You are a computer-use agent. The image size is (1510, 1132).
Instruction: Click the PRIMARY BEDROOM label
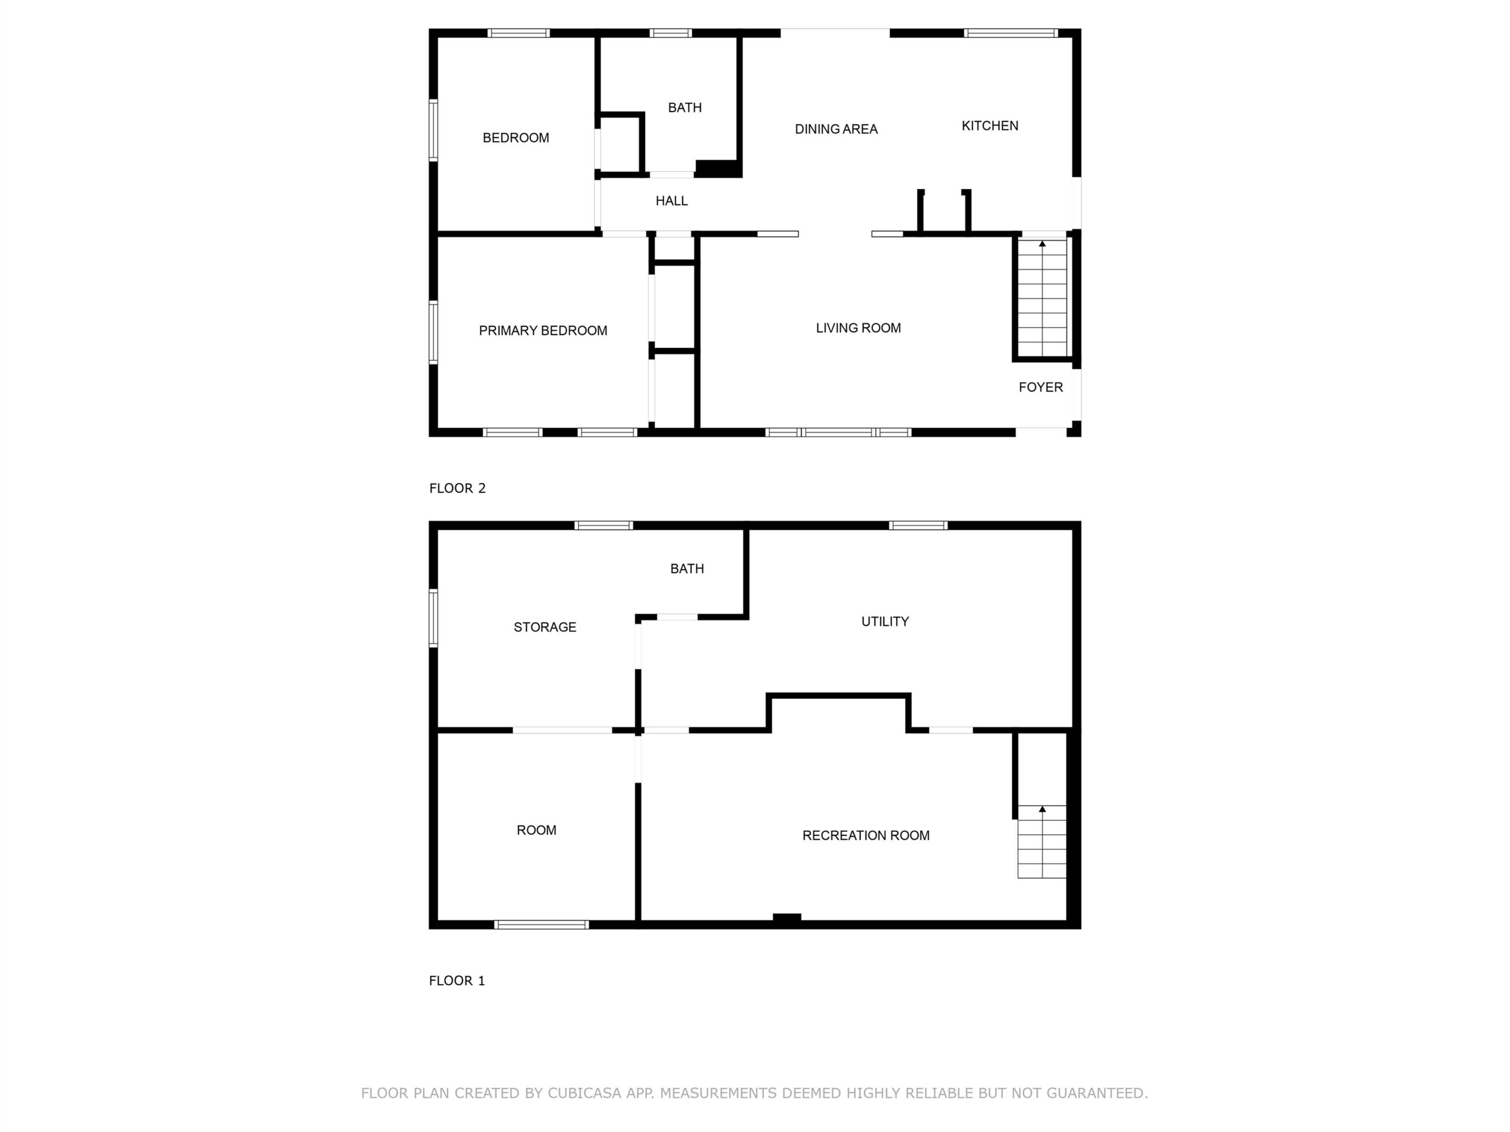coord(543,331)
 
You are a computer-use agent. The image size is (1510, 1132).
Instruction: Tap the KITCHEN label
coord(990,126)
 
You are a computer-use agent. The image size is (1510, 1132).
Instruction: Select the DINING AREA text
coord(836,129)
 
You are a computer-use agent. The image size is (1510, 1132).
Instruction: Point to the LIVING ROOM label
coord(858,328)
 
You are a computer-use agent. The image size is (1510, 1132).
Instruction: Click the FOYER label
coord(1040,387)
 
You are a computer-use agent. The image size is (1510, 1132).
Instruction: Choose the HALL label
coord(672,200)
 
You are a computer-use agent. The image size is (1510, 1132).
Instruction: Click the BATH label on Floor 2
coord(685,108)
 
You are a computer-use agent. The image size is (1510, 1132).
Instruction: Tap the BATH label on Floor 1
coord(687,568)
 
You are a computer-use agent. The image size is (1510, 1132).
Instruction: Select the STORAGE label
coord(545,627)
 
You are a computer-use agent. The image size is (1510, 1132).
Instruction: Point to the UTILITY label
coord(885,621)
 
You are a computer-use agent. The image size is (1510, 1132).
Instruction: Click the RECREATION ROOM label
coord(865,835)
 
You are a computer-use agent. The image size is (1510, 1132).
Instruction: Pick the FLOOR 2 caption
coord(457,488)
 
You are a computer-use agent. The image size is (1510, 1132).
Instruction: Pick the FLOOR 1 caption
coord(457,980)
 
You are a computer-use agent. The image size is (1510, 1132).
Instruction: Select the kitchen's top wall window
coord(1011,33)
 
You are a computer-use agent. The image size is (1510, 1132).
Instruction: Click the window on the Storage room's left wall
coord(434,617)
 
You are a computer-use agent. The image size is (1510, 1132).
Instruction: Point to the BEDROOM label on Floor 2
coord(516,138)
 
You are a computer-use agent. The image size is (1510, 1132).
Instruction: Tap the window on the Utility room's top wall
coord(918,525)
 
